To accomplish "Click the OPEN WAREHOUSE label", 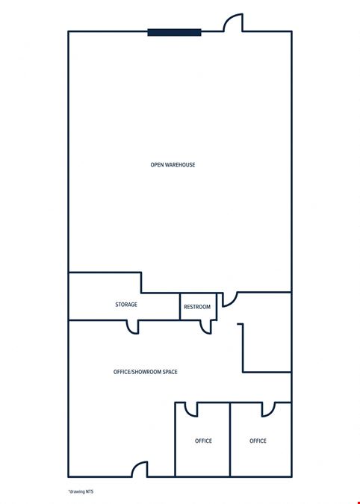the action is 173,165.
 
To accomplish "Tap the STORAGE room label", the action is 126,305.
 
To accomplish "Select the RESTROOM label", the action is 197,307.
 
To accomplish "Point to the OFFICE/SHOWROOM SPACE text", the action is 146,372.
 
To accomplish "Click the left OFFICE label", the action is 203,441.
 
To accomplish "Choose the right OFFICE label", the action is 258,441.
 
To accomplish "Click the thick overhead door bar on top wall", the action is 175,32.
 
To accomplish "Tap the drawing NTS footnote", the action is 81,491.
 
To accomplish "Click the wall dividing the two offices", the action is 230,439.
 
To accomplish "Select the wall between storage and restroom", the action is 180,306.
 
